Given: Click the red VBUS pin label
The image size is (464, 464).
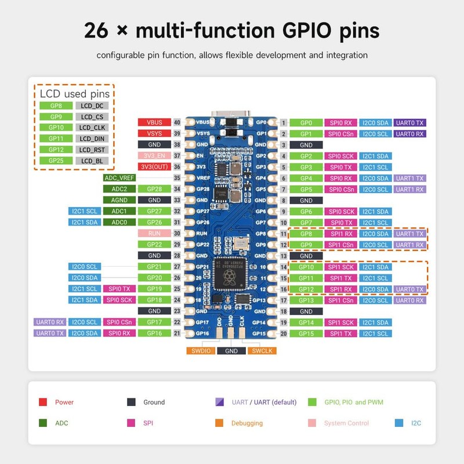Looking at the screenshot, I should point(154,122).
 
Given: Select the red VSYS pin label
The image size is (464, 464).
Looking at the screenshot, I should point(154,133).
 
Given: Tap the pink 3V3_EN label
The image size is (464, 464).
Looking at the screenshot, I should point(154,156).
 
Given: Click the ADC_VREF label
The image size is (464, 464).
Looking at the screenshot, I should point(119,178).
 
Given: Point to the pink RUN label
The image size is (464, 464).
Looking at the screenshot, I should point(154,233).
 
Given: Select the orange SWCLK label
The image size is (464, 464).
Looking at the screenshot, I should point(262,350).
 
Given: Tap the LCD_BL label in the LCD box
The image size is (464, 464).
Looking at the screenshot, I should point(92,161).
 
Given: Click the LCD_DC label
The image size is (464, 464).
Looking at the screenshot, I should point(92,106).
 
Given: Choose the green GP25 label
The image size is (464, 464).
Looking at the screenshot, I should point(56,161).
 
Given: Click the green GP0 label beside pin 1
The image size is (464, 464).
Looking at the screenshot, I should point(306,123).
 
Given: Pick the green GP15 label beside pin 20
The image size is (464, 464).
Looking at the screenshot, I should point(306,333).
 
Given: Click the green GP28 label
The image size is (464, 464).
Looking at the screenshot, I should point(154,189).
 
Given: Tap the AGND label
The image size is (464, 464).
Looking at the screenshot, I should point(119,200).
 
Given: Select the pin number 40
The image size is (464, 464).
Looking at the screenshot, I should point(176,122).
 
